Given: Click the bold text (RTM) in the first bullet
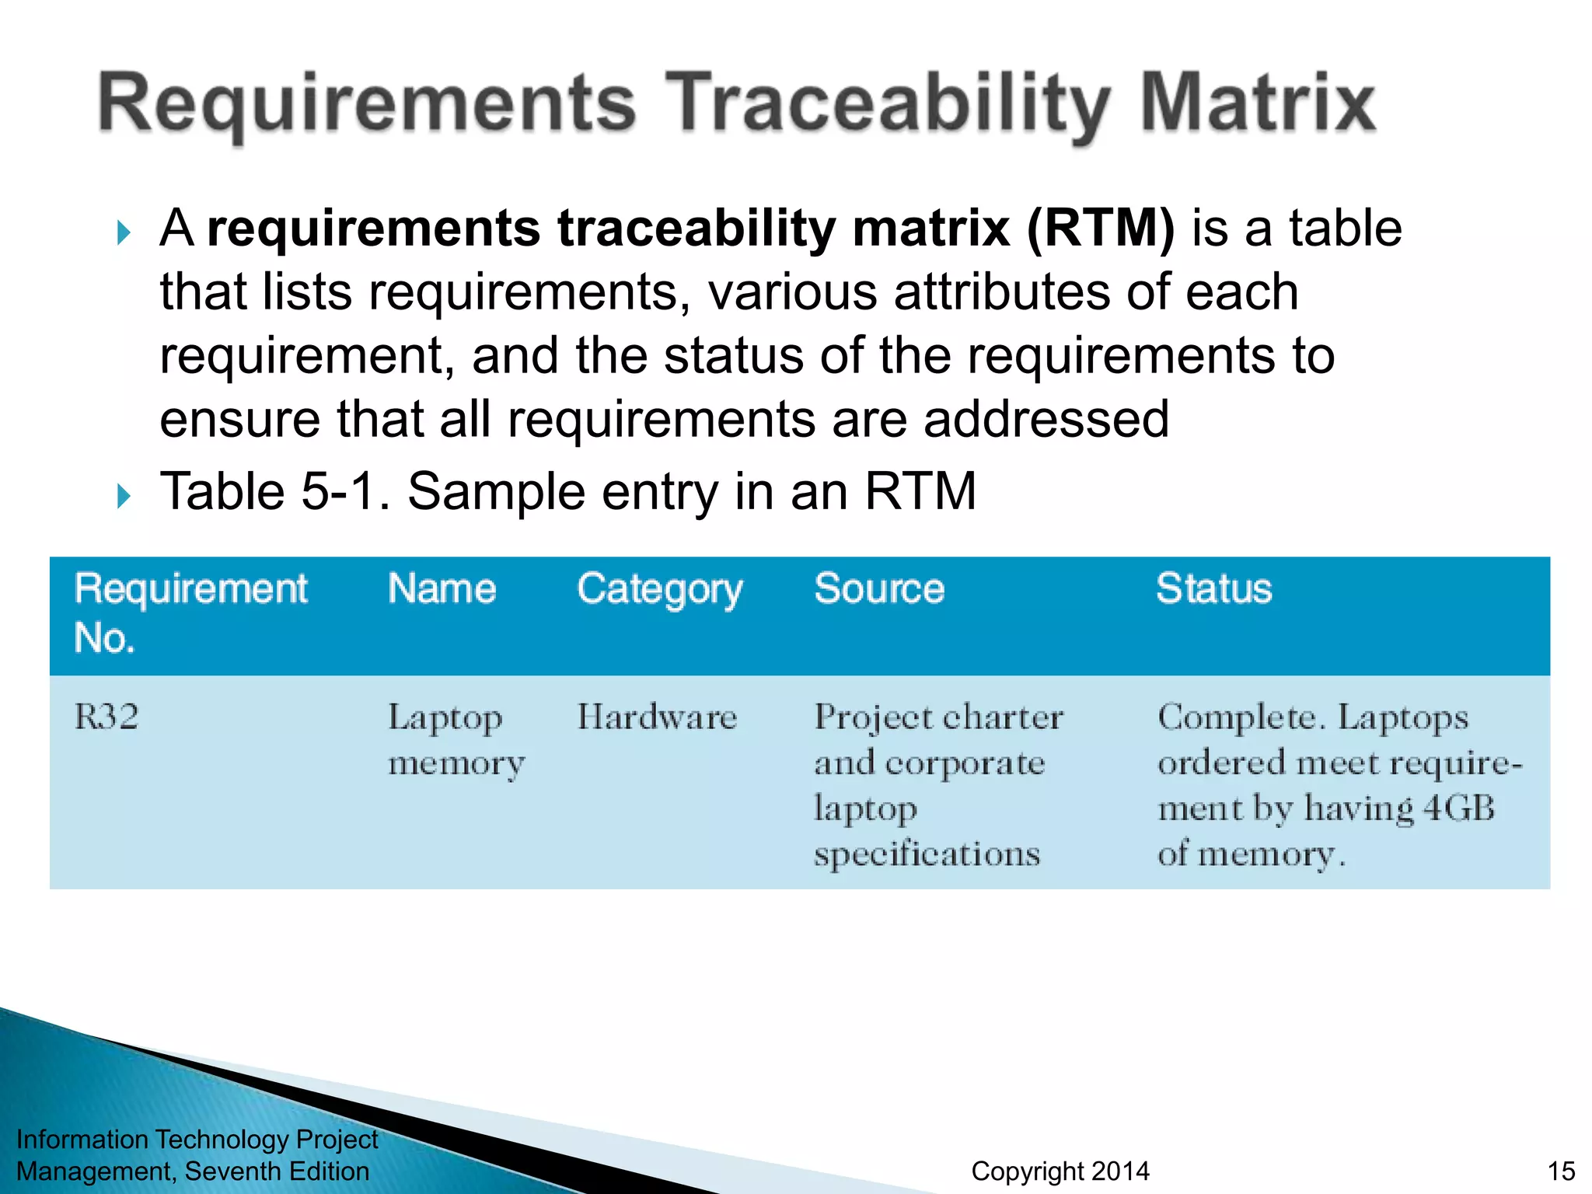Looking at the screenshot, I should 1100,229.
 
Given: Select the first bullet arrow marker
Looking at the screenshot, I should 124,232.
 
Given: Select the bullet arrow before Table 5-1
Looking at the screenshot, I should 124,495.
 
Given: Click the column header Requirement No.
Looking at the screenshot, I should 190,613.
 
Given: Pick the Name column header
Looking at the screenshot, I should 442,588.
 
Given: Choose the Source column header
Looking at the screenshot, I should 878,588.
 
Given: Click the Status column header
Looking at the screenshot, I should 1213,588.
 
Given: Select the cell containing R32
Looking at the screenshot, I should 106,716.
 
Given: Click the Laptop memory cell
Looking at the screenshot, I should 456,739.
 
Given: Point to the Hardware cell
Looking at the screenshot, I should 657,717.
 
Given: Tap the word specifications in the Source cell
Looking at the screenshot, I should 927,854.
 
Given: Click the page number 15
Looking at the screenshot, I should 1561,1171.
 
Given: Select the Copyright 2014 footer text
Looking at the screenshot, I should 1060,1171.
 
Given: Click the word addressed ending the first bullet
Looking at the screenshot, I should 1046,419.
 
